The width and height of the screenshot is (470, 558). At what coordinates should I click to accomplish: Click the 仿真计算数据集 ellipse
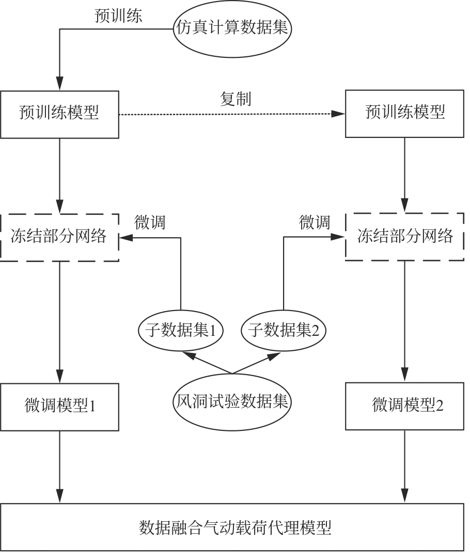(x=232, y=29)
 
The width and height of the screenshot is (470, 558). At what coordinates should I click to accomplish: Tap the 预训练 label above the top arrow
(x=119, y=16)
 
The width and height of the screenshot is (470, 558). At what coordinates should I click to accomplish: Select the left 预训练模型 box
(x=59, y=114)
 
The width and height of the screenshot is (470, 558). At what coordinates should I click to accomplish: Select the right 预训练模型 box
(x=404, y=114)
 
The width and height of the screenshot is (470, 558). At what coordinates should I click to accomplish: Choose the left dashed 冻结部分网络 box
(x=59, y=237)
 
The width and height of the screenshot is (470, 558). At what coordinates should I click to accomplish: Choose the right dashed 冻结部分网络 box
(x=404, y=237)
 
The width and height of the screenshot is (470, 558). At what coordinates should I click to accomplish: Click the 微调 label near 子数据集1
(x=150, y=223)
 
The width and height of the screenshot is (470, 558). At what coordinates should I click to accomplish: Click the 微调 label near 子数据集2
(x=315, y=223)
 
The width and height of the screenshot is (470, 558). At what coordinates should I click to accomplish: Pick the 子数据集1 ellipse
(x=180, y=330)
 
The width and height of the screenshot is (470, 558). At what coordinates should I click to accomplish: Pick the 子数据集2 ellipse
(x=284, y=330)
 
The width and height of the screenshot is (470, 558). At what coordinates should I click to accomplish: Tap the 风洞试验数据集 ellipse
(x=232, y=401)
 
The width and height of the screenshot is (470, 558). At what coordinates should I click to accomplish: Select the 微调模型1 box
(x=59, y=407)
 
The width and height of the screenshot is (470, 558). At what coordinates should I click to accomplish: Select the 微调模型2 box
(x=404, y=406)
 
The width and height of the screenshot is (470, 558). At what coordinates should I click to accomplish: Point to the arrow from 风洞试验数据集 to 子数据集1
(x=207, y=363)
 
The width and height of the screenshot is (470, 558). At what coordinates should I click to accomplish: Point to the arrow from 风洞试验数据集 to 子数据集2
(x=257, y=363)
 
